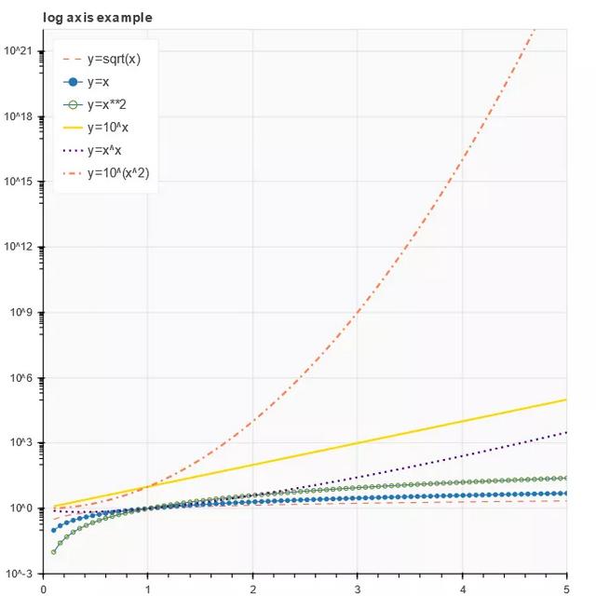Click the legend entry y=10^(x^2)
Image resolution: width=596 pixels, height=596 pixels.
[120, 173]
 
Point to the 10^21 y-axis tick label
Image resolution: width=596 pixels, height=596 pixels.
[19, 50]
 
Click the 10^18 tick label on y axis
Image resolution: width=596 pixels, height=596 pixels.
[19, 116]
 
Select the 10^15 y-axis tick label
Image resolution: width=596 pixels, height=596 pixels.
[19, 182]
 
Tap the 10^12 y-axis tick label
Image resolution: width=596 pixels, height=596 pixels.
[19, 247]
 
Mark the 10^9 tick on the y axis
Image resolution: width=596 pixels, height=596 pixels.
[20, 313]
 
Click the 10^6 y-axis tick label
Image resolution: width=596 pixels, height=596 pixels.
[20, 378]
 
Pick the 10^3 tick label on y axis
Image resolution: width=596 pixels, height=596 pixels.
[20, 443]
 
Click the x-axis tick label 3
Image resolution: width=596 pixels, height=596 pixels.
[358, 589]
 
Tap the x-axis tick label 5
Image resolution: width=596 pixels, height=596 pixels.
[566, 589]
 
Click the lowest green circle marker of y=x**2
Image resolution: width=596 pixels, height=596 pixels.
[53, 552]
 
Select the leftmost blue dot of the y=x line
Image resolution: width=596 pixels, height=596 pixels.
[53, 530]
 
